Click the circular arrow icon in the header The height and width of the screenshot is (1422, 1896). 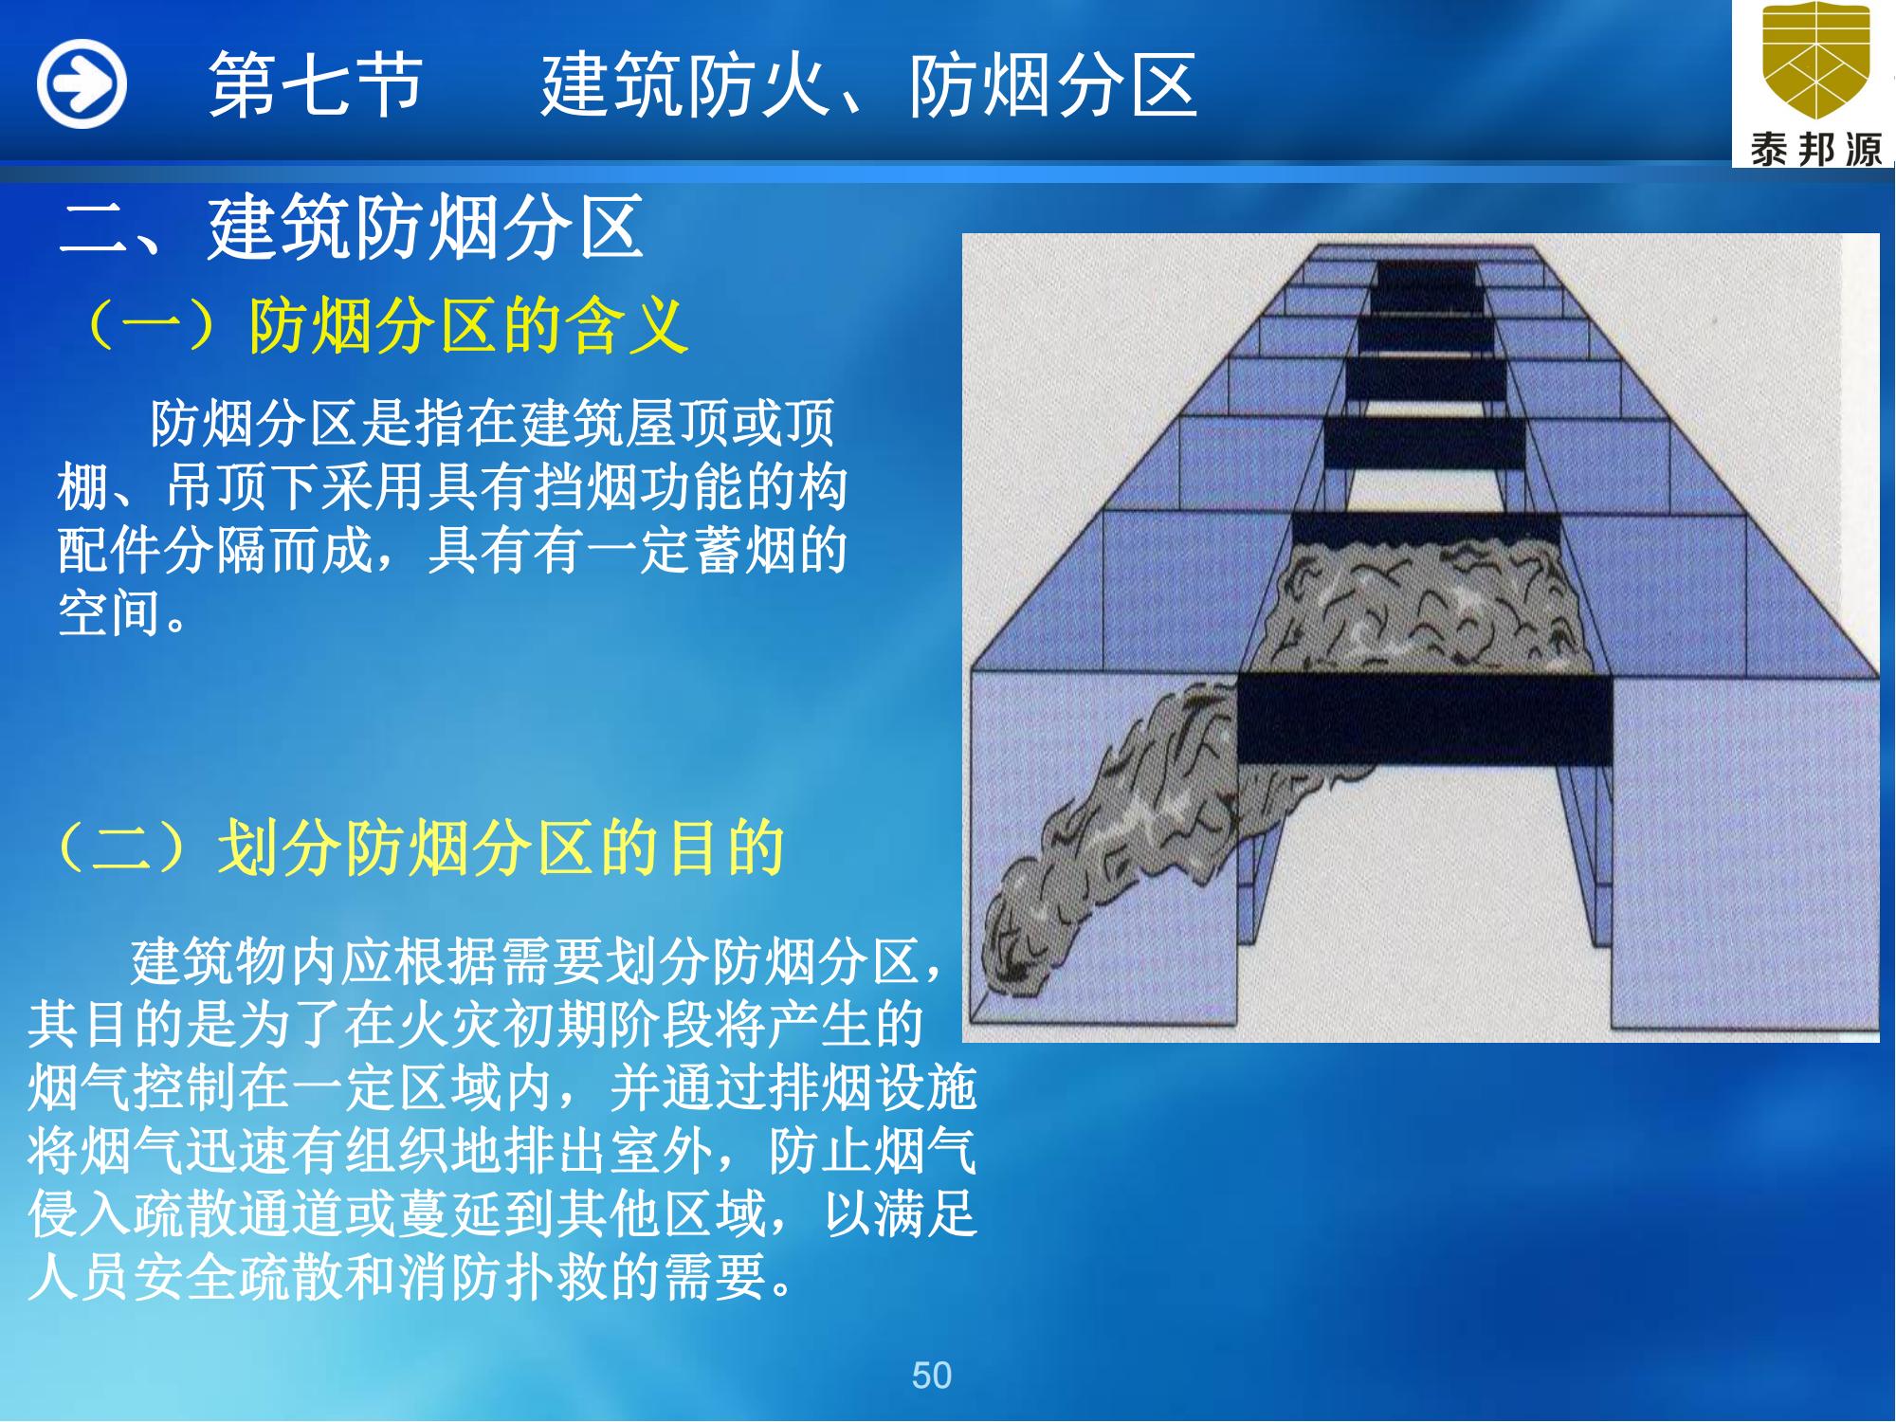click(82, 83)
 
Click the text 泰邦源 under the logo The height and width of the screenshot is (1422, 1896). click(1814, 149)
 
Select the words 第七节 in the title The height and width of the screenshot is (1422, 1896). click(315, 85)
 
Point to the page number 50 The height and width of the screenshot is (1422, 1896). click(931, 1375)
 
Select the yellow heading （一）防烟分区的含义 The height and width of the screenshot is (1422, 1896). click(384, 325)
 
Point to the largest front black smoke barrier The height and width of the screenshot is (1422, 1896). click(1425, 720)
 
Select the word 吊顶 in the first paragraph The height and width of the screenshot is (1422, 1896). click(218, 487)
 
